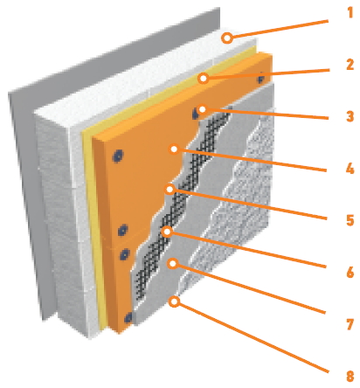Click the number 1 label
[x=350, y=12]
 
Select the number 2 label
[x=350, y=65]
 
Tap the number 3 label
[x=350, y=116]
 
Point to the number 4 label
[x=350, y=169]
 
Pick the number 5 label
[x=350, y=220]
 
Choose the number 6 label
[x=350, y=273]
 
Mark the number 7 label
[x=350, y=324]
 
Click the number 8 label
[x=350, y=376]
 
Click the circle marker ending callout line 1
[x=227, y=38]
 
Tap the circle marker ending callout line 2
[x=204, y=79]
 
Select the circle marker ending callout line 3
[x=202, y=109]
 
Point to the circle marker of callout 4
[x=174, y=149]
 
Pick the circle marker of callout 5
[x=170, y=190]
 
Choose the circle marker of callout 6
[x=167, y=232]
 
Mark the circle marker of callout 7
[x=173, y=264]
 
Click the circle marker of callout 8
[x=174, y=301]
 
